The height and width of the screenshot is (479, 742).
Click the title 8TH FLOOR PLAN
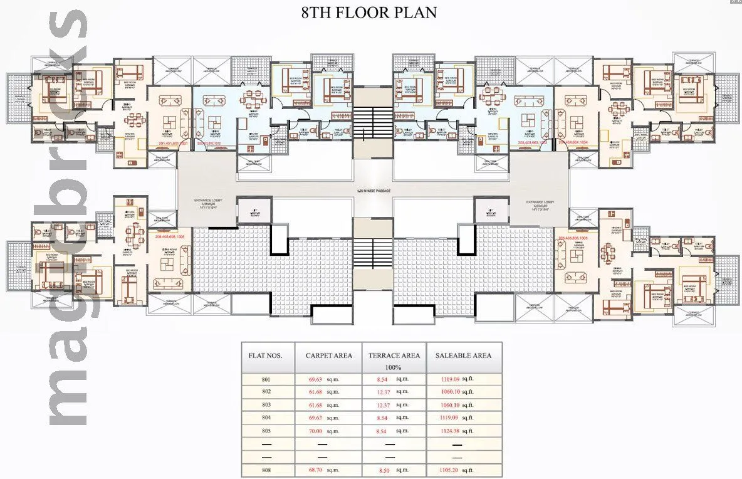369,13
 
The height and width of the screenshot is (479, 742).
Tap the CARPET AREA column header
329,355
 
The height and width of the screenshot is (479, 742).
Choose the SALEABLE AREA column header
464,355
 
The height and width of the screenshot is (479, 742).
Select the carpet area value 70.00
315,431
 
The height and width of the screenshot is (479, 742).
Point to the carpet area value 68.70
315,470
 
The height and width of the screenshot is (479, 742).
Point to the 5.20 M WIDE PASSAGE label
372,188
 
